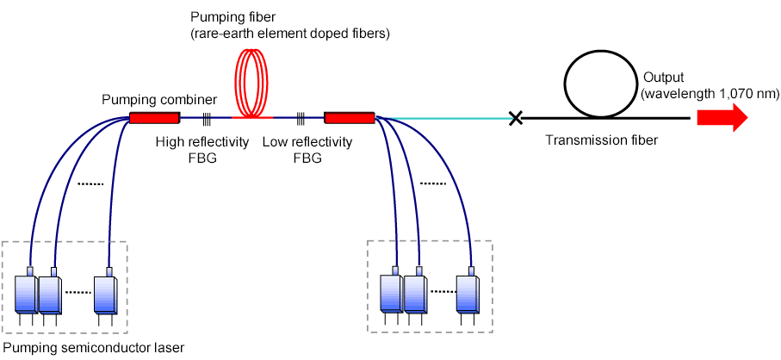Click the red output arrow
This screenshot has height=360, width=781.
click(722, 118)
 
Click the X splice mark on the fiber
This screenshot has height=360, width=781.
click(516, 118)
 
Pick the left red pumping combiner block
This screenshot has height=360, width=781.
click(153, 117)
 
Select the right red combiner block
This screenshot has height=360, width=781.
click(349, 117)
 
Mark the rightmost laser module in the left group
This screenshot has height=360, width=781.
click(107, 296)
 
